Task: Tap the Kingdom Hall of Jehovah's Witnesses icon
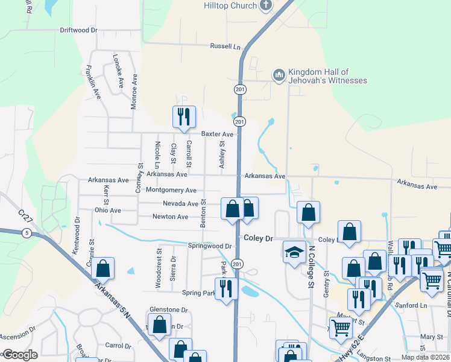(x=279, y=75)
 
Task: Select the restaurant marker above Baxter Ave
(x=183, y=116)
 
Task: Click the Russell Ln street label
(x=225, y=46)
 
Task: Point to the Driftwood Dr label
(x=78, y=30)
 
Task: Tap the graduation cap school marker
(x=294, y=251)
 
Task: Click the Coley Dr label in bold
(x=259, y=238)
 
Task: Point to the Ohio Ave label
(x=108, y=211)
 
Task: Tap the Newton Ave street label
(x=170, y=217)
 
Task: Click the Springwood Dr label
(x=210, y=246)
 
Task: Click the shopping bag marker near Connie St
(x=103, y=268)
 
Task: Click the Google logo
(x=19, y=355)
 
